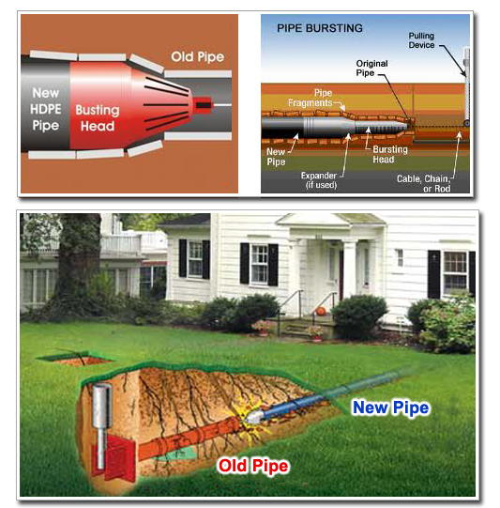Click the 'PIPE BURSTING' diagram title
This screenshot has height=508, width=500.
point(320,28)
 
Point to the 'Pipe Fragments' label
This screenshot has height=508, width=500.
point(313,98)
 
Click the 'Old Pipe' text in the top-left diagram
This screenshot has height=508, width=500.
point(197,57)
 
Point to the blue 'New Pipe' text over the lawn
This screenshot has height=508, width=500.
point(391,408)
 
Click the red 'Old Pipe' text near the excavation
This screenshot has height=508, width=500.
point(252,465)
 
